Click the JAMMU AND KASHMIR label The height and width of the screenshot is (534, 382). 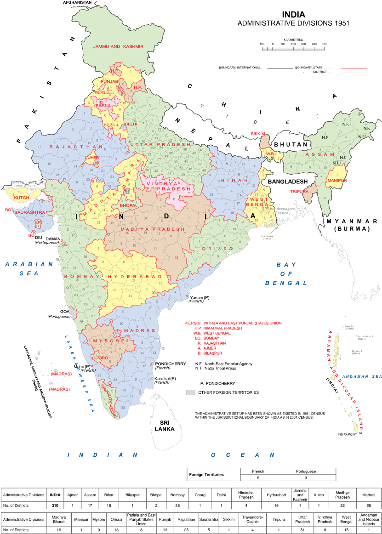118,46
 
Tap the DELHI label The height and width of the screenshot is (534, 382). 131,124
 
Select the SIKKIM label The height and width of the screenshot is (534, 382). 258,134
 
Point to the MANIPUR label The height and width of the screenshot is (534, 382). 337,181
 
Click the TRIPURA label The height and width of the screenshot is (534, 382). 299,191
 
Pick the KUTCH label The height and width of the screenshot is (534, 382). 22,198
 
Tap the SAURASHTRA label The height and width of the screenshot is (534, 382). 30,212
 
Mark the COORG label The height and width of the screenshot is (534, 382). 100,358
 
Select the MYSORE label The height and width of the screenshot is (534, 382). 109,341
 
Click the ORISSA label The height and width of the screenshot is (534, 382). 217,248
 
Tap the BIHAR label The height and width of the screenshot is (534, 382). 234,180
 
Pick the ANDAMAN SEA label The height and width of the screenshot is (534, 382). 362,377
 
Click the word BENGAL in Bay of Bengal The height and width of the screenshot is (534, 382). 286,283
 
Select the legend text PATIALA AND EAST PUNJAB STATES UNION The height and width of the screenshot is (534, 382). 242,323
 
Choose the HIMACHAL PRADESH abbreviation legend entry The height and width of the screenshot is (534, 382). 222,328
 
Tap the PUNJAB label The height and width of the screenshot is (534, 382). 109,81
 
